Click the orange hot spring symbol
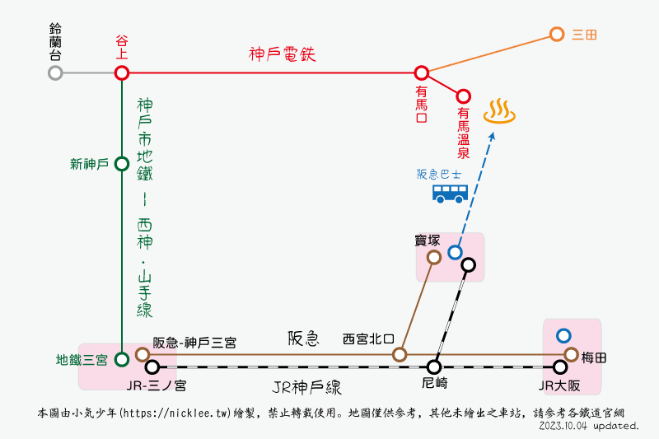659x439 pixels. (499, 111)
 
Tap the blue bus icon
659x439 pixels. (450, 194)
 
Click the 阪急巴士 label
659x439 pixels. (439, 174)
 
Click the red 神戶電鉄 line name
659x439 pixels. (282, 54)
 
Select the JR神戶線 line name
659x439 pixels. (306, 387)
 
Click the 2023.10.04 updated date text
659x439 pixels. (589, 426)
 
